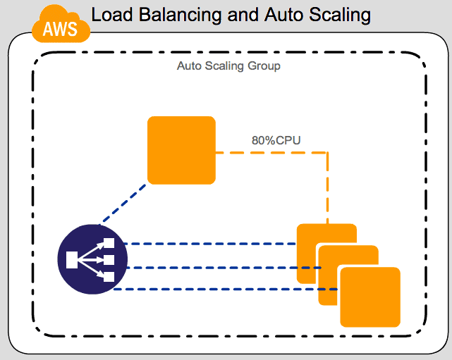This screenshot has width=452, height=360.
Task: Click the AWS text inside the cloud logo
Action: pos(61,30)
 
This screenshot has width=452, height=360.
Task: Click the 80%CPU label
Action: pos(276,139)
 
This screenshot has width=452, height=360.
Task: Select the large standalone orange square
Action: pos(181,150)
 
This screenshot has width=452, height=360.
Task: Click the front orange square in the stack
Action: pos(369,297)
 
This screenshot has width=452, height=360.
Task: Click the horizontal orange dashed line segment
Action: pos(271,151)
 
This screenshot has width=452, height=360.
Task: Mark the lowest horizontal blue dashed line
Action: pos(226,290)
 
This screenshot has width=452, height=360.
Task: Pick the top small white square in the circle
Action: pos(109,244)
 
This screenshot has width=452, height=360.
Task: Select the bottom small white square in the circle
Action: pos(109,276)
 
